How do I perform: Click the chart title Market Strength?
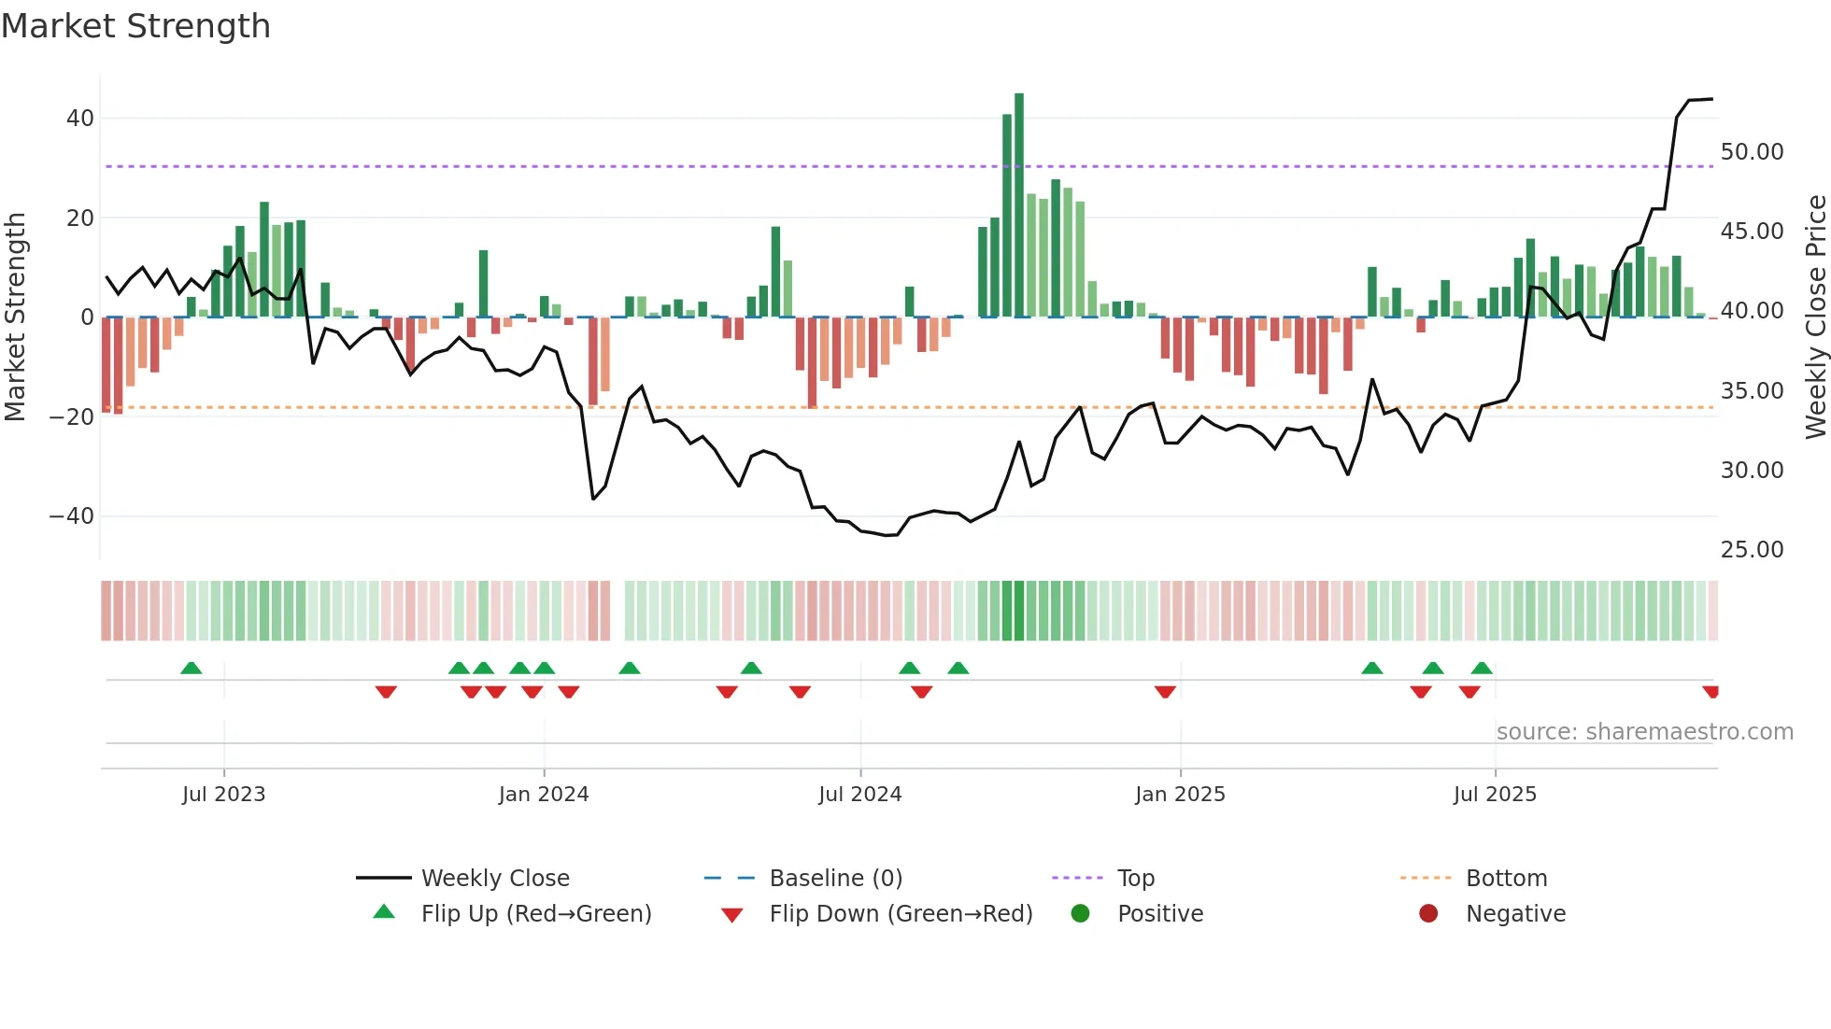(135, 26)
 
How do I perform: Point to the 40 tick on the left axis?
(80, 119)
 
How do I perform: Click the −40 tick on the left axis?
(72, 516)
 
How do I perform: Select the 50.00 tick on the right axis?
(1752, 152)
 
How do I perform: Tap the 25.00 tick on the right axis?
(1752, 550)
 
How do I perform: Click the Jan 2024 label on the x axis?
(544, 795)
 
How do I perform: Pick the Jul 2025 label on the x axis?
(1495, 795)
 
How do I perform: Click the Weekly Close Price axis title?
(1815, 317)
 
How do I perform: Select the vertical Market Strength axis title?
(15, 317)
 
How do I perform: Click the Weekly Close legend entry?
(495, 879)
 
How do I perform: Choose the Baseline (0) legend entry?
(835, 879)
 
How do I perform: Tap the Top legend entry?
(1136, 879)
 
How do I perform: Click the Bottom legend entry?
(1506, 879)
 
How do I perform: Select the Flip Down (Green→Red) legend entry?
(901, 914)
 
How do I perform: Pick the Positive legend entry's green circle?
(1081, 913)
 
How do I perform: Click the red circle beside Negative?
(1428, 913)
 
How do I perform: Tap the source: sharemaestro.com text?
(1644, 732)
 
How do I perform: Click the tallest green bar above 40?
(1019, 205)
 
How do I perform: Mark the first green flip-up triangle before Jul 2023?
(191, 669)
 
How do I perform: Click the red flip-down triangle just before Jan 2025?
(1165, 691)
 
